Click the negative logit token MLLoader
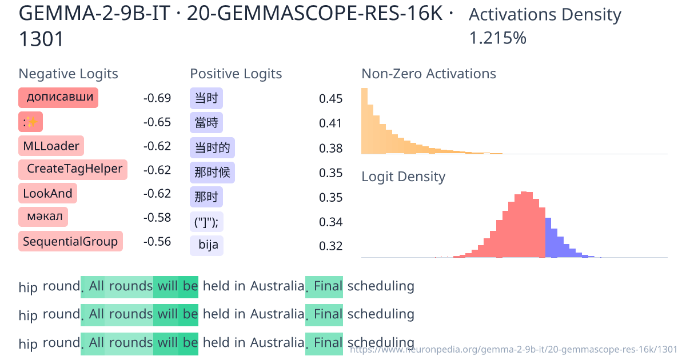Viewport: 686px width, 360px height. (51, 146)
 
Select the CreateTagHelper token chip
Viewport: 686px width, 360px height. (73, 169)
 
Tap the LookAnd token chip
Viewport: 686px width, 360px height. (47, 194)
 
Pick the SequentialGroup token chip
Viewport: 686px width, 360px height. (70, 242)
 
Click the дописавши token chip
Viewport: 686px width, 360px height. (58, 98)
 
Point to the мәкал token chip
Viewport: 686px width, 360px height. (43, 217)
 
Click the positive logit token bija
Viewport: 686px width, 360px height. (206, 245)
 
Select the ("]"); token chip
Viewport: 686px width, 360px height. (206, 221)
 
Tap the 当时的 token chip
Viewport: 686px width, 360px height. (212, 148)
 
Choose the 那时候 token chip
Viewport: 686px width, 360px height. (212, 173)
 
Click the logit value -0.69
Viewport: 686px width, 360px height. (157, 98)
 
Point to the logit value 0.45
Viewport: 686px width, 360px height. (331, 99)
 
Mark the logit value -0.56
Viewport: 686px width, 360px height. (157, 242)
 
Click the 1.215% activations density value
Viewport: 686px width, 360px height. (497, 38)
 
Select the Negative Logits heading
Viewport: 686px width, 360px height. (69, 74)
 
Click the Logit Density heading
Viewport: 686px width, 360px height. (403, 177)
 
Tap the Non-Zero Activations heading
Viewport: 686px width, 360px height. (429, 74)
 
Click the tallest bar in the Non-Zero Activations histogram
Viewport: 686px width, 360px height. (364, 121)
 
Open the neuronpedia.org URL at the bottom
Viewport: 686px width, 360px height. (513, 349)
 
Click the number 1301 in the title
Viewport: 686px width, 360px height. (41, 39)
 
